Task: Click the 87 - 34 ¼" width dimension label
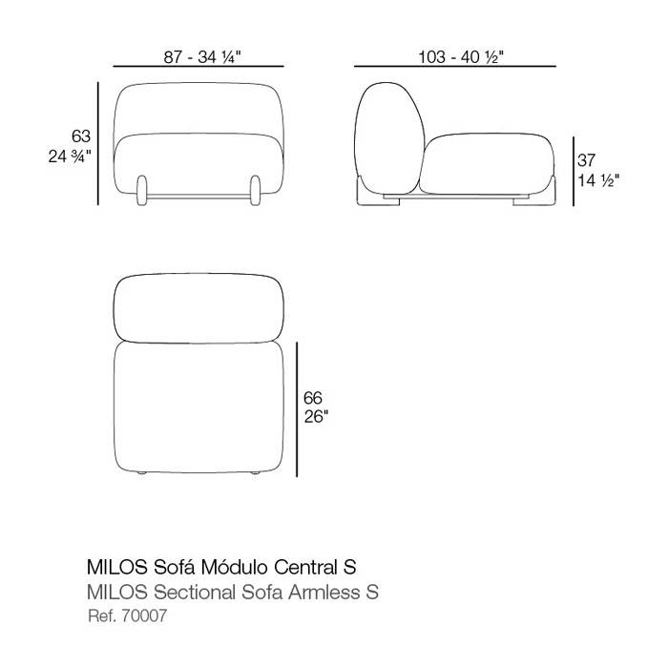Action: [x=202, y=57]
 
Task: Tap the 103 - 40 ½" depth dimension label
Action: [x=461, y=57]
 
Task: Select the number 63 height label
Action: [x=81, y=136]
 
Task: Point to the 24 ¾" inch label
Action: [x=70, y=157]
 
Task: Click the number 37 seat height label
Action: [x=586, y=160]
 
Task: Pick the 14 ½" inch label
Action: [x=598, y=180]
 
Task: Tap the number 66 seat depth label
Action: [x=313, y=398]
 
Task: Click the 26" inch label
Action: [x=316, y=417]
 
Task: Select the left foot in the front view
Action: [x=142, y=190]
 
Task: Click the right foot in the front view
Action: [x=255, y=190]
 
